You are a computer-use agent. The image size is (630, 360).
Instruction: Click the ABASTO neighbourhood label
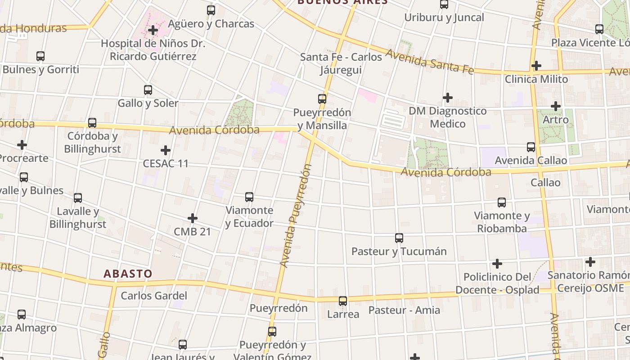pos(128,274)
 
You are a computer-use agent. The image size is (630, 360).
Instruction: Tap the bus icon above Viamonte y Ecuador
pos(249,197)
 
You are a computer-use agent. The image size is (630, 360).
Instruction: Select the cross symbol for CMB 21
pos(193,219)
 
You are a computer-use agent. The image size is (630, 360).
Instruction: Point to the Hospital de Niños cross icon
pos(153,31)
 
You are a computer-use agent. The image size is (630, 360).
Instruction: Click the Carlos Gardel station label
pos(153,296)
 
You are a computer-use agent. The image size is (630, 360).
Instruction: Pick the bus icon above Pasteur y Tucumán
pos(399,238)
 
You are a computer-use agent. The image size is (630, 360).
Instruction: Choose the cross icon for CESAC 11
pos(166,150)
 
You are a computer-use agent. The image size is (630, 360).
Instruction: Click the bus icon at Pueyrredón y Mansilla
pos(322,99)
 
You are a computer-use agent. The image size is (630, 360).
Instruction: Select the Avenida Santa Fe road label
pos(430,62)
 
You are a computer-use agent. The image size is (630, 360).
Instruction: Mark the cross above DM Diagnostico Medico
pos(448,98)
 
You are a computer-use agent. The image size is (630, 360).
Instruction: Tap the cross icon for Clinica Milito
pos(536,66)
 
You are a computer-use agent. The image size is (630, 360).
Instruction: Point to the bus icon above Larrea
pos(343,301)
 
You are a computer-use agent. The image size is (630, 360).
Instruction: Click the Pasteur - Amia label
pos(404,310)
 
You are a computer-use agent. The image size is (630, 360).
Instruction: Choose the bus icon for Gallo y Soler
pos(148,90)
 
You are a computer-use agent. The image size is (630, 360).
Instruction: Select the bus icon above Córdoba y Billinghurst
pos(92,123)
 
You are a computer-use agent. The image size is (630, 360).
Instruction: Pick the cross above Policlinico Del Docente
pos(497,264)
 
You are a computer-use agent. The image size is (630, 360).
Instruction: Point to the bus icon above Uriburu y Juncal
pos(444,4)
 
